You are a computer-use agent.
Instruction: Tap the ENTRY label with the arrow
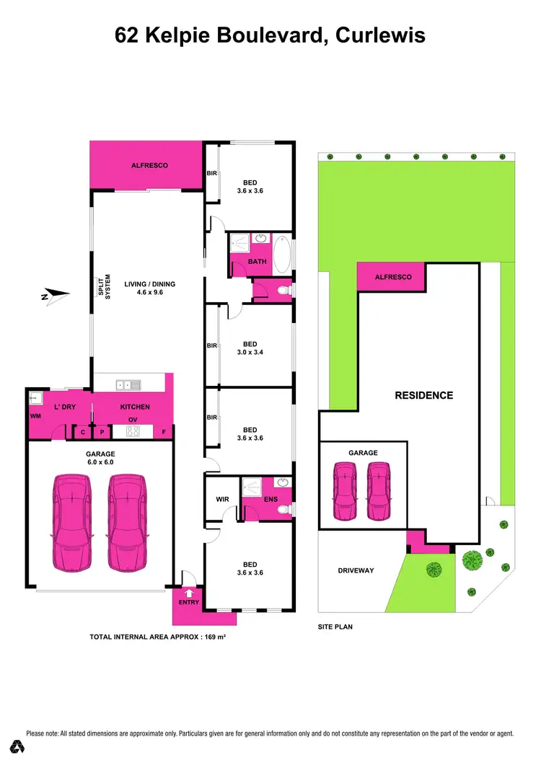188,601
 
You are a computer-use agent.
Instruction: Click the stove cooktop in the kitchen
133,431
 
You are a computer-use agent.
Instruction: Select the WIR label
223,498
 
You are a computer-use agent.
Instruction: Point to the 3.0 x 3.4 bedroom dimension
250,353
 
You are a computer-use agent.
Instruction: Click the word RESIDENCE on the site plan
423,395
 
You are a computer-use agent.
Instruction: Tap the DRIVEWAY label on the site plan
356,570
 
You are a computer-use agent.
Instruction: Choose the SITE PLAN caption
335,627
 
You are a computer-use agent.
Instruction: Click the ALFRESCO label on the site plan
392,277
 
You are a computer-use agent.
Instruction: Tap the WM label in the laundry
35,417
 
